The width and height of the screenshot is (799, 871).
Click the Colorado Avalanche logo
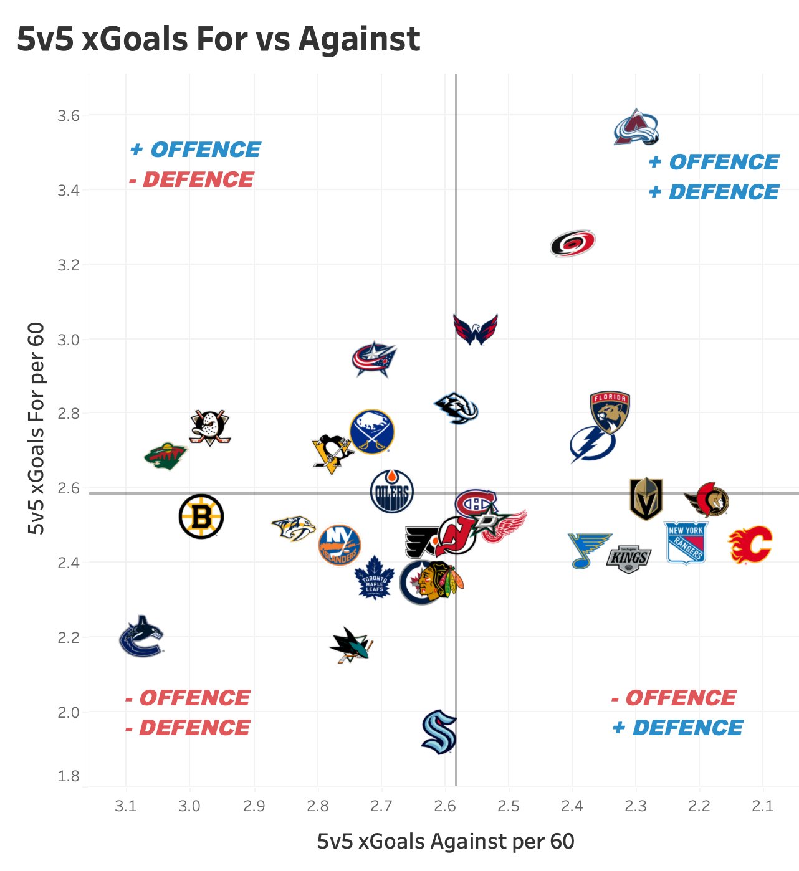pyautogui.click(x=636, y=128)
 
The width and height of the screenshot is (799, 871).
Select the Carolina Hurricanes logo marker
pyautogui.click(x=573, y=243)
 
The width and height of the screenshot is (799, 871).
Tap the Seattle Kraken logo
pyautogui.click(x=439, y=731)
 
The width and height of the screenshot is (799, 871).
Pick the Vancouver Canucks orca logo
pyautogui.click(x=141, y=637)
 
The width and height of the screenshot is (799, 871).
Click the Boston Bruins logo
pyautogui.click(x=201, y=516)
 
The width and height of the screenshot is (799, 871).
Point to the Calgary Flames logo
pyautogui.click(x=750, y=544)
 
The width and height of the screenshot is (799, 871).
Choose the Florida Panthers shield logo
pyautogui.click(x=610, y=411)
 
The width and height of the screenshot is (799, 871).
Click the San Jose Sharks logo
pyautogui.click(x=351, y=645)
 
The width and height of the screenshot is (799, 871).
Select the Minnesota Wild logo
pyautogui.click(x=165, y=456)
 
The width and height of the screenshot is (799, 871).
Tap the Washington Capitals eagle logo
pyautogui.click(x=476, y=329)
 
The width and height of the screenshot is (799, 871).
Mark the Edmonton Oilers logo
pyautogui.click(x=392, y=491)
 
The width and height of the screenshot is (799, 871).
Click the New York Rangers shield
pyautogui.click(x=686, y=543)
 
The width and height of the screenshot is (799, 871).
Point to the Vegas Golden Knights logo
pyautogui.click(x=646, y=498)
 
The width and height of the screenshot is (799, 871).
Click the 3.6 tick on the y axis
pyautogui.click(x=69, y=116)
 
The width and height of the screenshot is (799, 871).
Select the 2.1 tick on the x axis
pyautogui.click(x=762, y=806)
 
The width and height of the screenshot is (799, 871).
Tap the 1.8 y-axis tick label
pyautogui.click(x=69, y=776)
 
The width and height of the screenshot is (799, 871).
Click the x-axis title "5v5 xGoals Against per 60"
pyautogui.click(x=446, y=842)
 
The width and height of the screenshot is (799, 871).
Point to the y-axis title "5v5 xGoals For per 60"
pyautogui.click(x=37, y=429)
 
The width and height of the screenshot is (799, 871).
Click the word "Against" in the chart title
pyautogui.click(x=359, y=39)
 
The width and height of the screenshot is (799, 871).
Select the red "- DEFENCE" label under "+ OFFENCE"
pyautogui.click(x=191, y=180)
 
